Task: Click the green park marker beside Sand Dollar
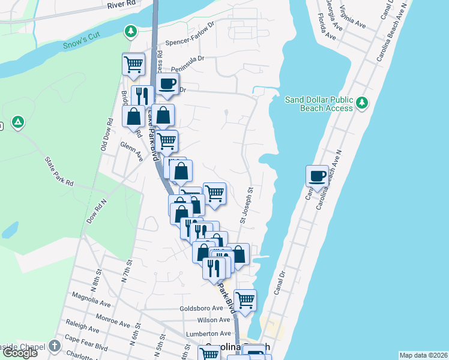coord(362,103)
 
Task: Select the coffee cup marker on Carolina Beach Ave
coord(318,176)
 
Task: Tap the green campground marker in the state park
coord(19,122)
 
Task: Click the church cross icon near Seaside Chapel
coord(55,346)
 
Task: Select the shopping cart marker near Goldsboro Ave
coord(245,299)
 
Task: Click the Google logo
coord(19,352)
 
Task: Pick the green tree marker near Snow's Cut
coord(130,30)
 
